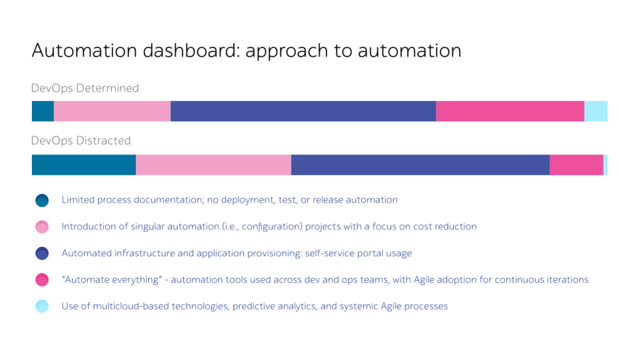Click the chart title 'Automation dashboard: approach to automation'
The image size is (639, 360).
coord(247,51)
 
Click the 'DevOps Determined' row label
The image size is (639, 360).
coord(85,89)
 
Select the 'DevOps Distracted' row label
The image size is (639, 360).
coord(81,141)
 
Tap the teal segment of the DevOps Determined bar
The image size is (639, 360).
coord(43,111)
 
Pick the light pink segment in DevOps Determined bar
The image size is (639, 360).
coord(112,111)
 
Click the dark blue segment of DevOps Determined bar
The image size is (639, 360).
coord(304,111)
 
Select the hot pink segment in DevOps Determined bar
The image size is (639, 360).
coord(510,111)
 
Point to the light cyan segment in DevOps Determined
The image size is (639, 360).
coord(596,111)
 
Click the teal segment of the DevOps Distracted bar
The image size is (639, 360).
coord(84,165)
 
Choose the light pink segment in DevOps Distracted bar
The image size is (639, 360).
coord(213,165)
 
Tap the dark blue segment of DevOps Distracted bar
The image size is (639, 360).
coord(420,165)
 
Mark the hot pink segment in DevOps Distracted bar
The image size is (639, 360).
coord(577,165)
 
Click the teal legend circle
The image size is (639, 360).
coord(42,200)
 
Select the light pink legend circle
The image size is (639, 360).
coord(42,227)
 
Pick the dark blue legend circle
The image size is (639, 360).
coord(42,253)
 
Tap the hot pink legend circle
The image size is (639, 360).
coord(42,279)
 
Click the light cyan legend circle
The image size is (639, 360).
coord(42,306)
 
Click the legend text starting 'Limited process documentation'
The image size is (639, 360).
coord(229,200)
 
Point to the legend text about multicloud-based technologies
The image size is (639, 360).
coord(255,306)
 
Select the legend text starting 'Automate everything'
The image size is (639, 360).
coord(325,279)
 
